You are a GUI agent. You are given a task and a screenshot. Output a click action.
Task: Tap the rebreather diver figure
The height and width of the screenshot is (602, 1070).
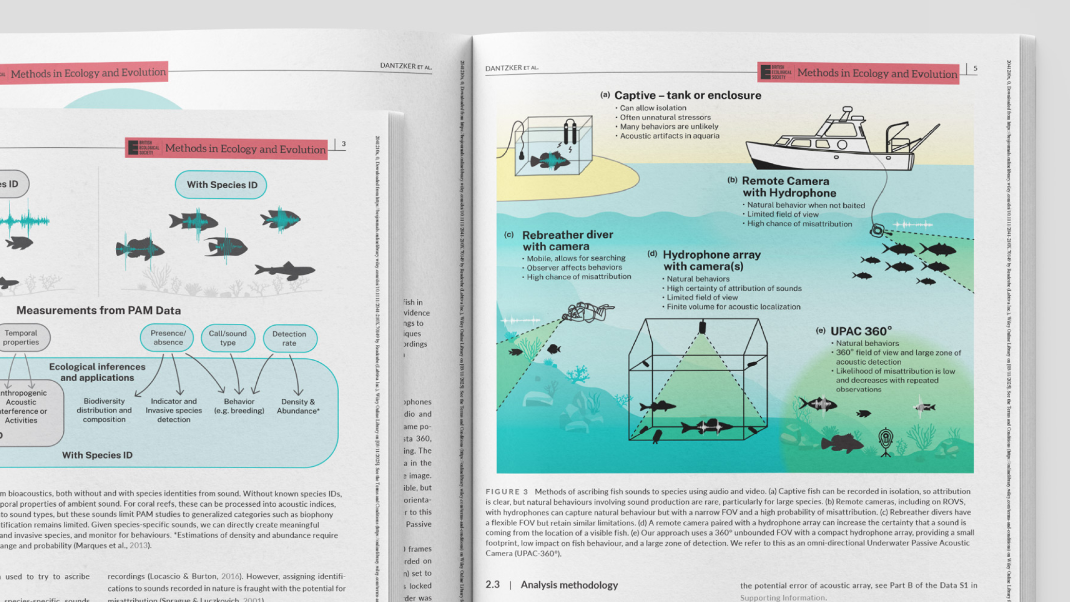coord(588,312)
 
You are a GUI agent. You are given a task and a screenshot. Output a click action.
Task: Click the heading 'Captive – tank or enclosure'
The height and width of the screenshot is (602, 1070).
coord(687,95)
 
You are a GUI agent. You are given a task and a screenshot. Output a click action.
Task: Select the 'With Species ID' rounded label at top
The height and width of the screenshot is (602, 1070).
coord(221,185)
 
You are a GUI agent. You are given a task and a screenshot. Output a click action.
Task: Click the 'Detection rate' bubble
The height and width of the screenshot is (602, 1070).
coord(289,338)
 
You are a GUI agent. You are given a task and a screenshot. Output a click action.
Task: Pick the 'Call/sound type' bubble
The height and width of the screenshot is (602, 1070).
coord(228,337)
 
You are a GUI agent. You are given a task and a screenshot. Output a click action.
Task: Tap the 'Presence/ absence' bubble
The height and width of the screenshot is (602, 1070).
coord(167,337)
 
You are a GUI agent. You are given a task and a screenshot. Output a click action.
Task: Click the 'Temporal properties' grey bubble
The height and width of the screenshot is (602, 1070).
coord(21,337)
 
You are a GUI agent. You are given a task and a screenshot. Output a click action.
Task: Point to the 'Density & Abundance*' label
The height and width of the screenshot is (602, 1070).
coord(298,406)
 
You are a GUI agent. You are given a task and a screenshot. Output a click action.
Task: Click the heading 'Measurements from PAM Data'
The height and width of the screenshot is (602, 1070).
coord(98,310)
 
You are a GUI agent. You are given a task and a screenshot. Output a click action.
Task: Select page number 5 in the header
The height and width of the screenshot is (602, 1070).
coord(975,69)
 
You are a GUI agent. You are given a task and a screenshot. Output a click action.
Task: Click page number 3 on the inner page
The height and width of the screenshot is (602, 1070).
coord(343,144)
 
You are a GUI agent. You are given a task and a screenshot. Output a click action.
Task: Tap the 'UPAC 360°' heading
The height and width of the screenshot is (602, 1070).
coord(860,331)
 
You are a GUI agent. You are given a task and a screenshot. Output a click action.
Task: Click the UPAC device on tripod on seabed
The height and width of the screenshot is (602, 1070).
coord(886,441)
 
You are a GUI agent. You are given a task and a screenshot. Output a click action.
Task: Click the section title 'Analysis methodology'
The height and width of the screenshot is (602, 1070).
coord(569,584)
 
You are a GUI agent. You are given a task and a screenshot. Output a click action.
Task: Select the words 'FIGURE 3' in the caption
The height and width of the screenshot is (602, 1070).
coord(506,492)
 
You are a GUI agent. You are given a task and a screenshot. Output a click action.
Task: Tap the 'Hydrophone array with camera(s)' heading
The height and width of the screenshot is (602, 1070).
coord(711,261)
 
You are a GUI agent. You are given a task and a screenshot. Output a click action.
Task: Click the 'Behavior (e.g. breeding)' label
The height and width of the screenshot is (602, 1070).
coord(239,406)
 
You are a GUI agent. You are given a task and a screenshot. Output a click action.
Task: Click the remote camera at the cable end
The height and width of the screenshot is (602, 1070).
coord(877,230)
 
